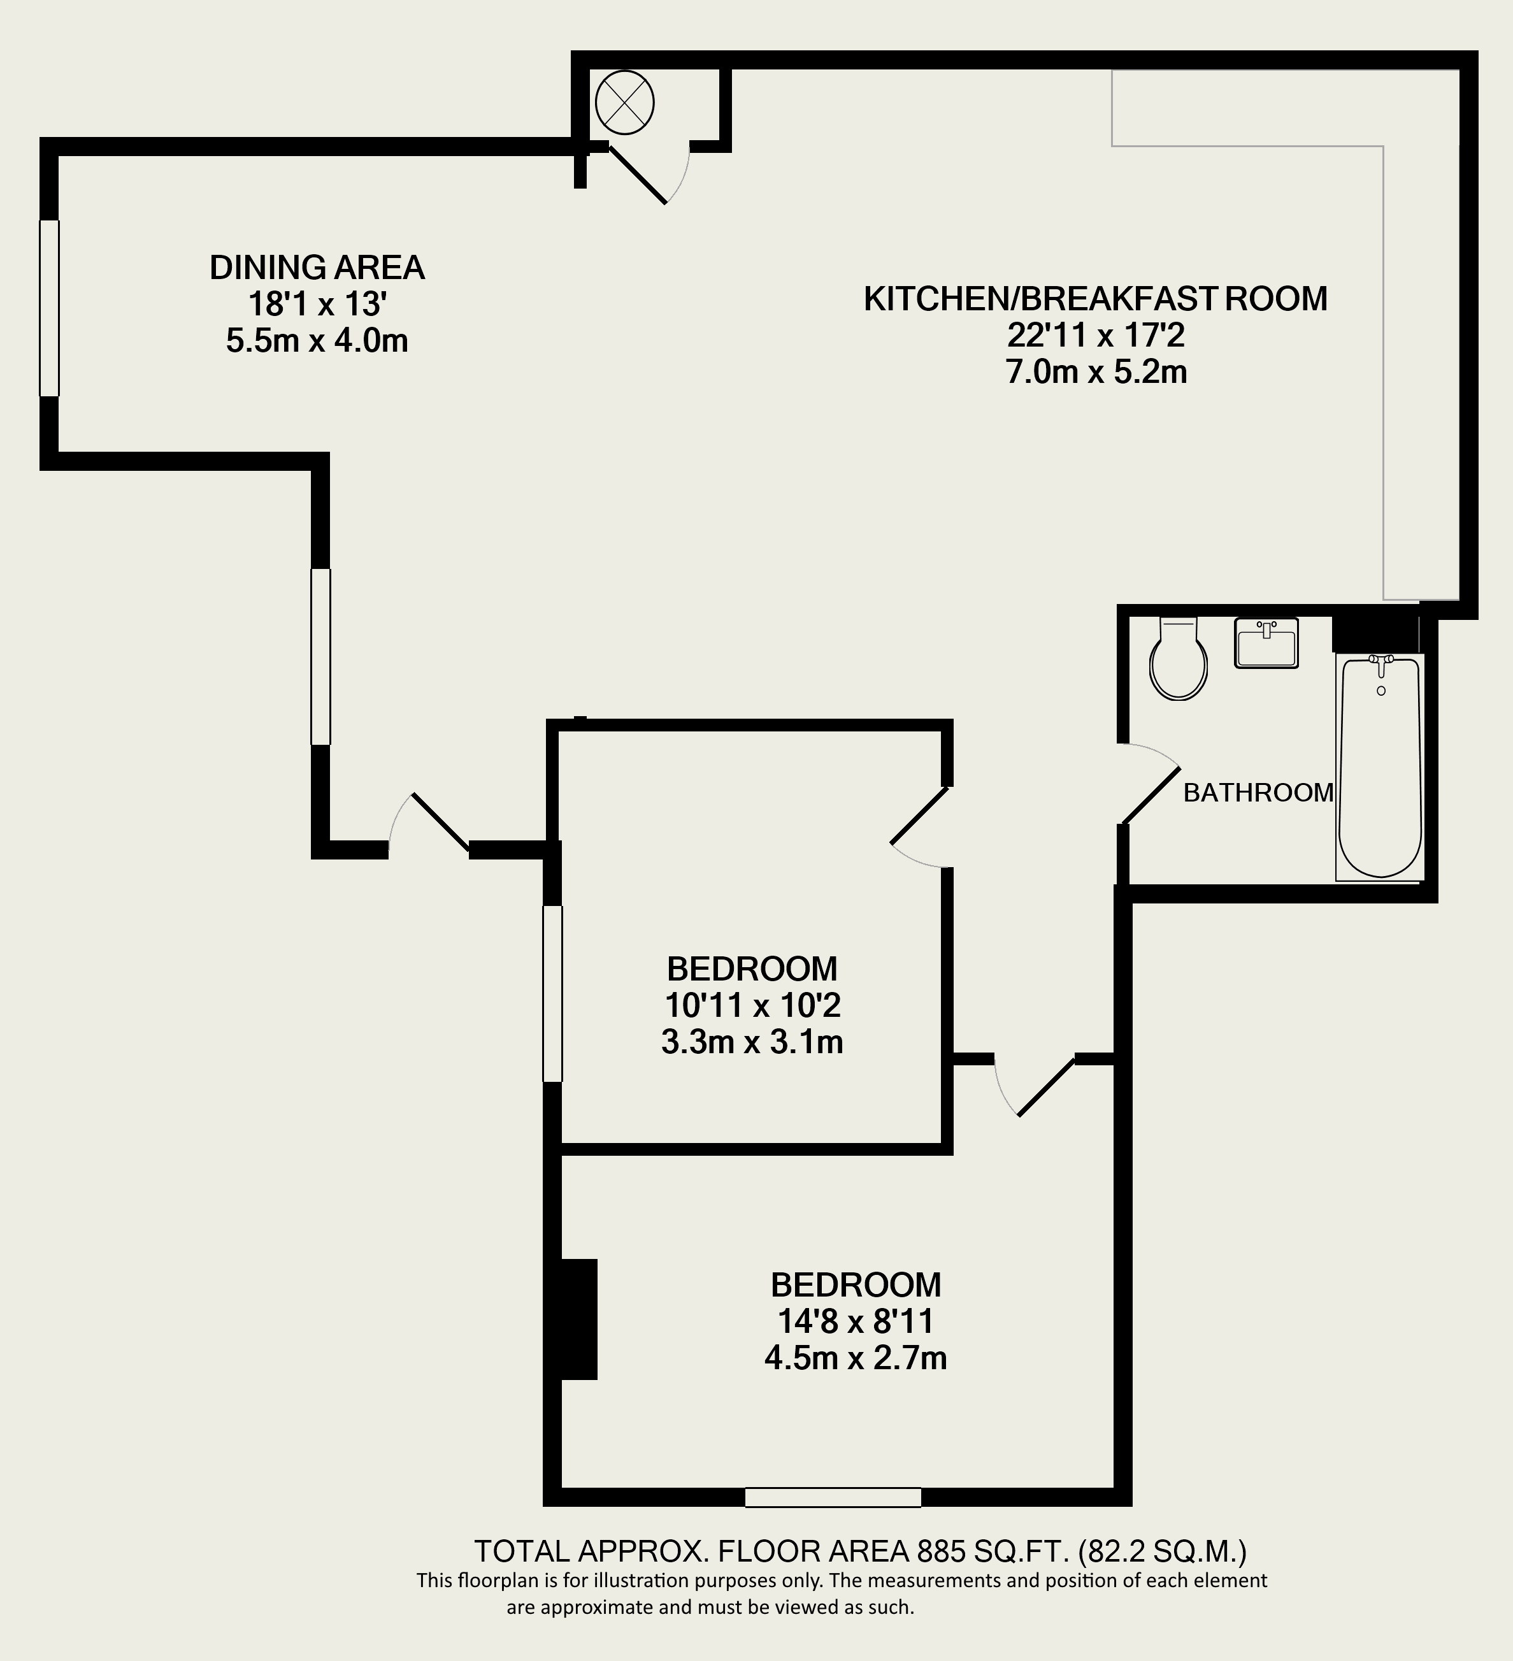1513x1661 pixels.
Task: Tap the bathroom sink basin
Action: click(x=1266, y=643)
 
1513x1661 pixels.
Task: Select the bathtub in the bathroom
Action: click(x=1380, y=766)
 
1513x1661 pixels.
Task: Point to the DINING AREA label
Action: click(x=317, y=268)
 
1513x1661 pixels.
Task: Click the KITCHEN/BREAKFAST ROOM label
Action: click(x=1096, y=298)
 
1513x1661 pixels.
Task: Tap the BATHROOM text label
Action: click(x=1258, y=793)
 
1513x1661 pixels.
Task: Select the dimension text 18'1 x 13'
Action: click(x=317, y=305)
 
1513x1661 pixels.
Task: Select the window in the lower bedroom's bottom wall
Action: click(x=833, y=1497)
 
